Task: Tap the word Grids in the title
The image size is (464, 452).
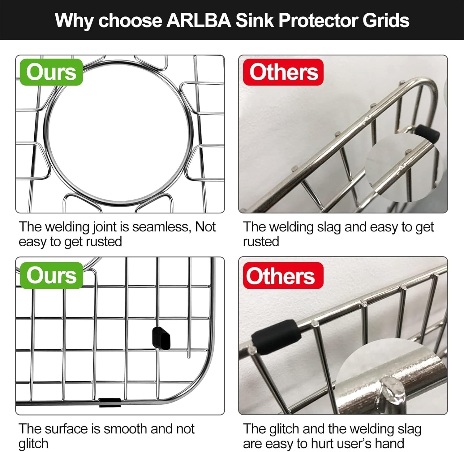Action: pyautogui.click(x=386, y=20)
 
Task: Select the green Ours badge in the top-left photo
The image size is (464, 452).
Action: pyautogui.click(x=51, y=72)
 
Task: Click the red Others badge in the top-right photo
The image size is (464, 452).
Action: pyautogui.click(x=283, y=72)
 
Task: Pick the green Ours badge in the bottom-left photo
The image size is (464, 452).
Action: pyautogui.click(x=51, y=275)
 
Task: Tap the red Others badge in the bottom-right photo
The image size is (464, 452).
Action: pyautogui.click(x=283, y=275)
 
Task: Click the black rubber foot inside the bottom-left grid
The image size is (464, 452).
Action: pyautogui.click(x=161, y=338)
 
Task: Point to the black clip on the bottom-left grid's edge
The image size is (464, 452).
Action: pyautogui.click(x=110, y=402)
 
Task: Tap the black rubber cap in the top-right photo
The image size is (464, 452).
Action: pyautogui.click(x=427, y=134)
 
